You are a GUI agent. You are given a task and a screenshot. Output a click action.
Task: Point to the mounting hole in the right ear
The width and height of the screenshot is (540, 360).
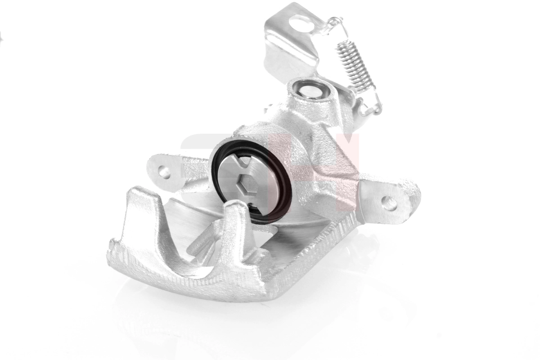[389, 203]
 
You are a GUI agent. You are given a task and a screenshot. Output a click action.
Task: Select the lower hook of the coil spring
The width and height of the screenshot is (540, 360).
[372, 106]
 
